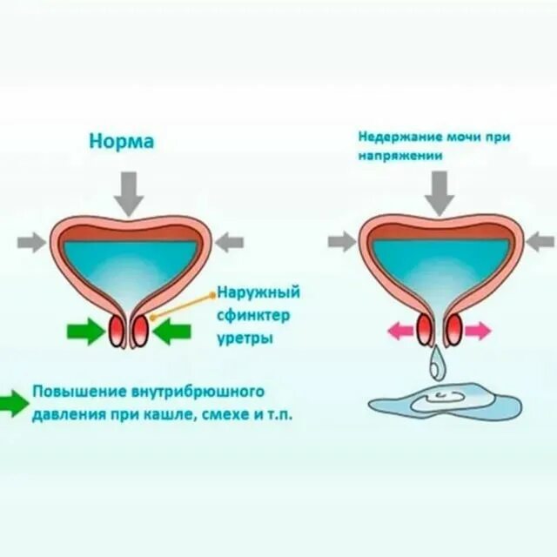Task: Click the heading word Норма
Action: pyautogui.click(x=122, y=141)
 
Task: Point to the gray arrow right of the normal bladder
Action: pyautogui.click(x=228, y=243)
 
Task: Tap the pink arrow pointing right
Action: pyautogui.click(x=478, y=331)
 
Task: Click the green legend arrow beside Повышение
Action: pyautogui.click(x=14, y=401)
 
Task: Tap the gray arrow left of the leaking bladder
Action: pyautogui.click(x=342, y=241)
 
